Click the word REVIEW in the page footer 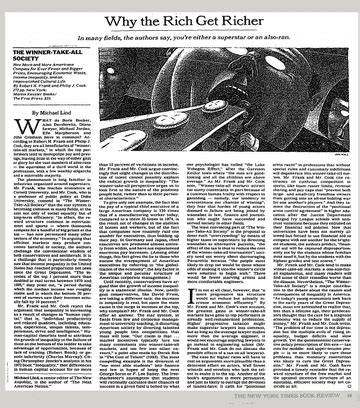[332, 402]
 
